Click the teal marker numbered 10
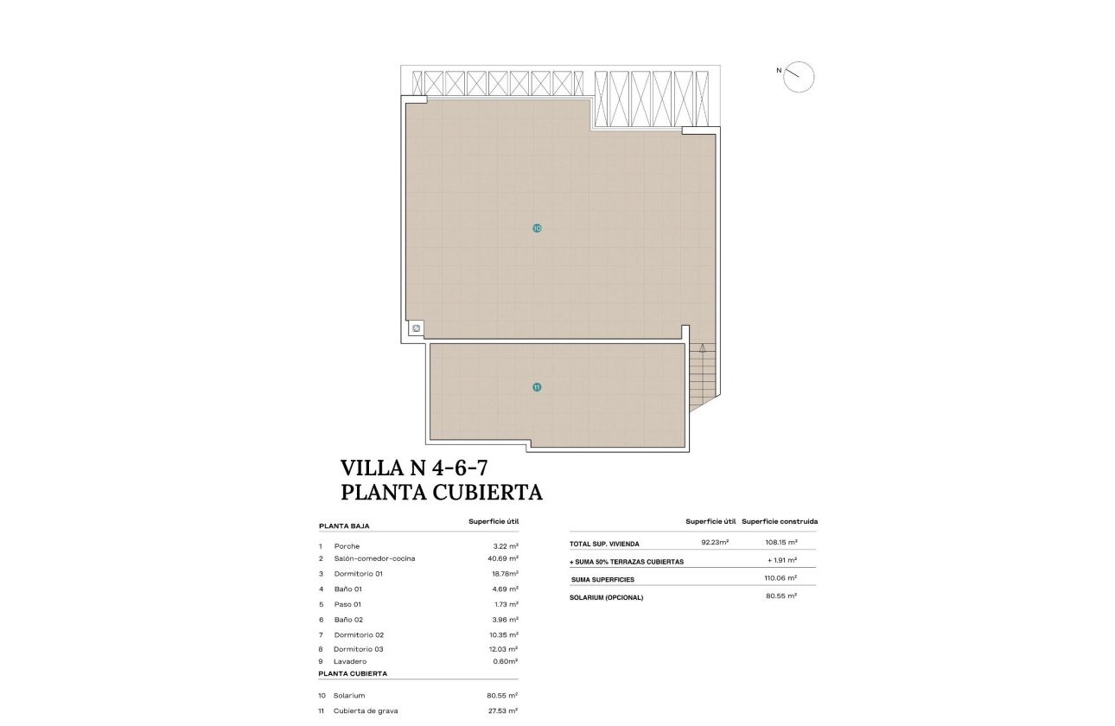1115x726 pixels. click(x=537, y=228)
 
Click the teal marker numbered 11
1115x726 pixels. click(x=537, y=387)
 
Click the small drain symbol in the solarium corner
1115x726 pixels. click(x=416, y=328)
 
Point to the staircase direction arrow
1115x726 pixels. click(x=703, y=349)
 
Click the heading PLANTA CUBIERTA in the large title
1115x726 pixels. click(x=442, y=493)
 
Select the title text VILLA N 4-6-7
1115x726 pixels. click(x=415, y=468)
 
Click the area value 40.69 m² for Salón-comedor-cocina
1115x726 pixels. click(x=502, y=558)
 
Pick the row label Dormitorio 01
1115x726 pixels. click(x=358, y=574)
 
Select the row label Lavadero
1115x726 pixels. click(x=350, y=661)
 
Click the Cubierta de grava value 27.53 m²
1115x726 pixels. click(x=502, y=710)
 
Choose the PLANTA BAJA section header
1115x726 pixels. click(x=345, y=525)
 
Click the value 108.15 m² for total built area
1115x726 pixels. click(x=780, y=543)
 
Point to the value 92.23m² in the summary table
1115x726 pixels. click(x=715, y=543)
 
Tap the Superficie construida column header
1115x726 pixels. click(x=780, y=521)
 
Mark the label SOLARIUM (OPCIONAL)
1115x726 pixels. click(x=606, y=597)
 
